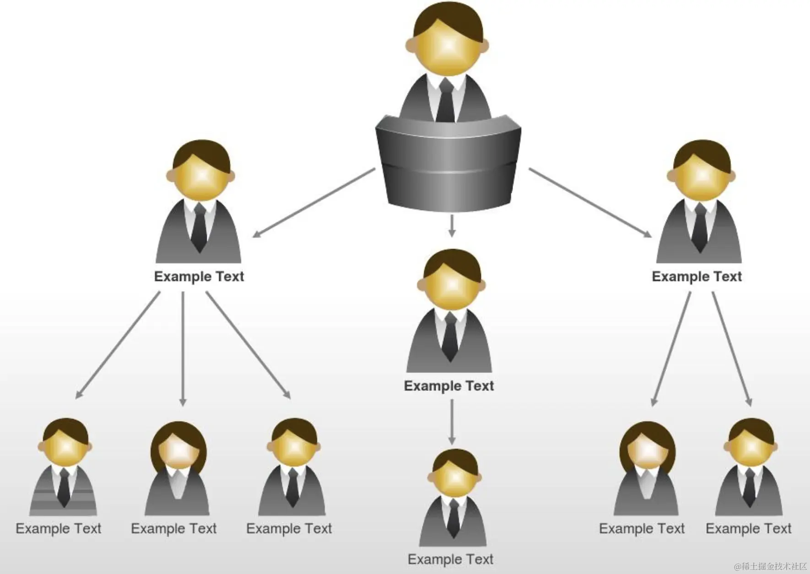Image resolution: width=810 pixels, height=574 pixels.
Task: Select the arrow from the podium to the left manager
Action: [x=314, y=202]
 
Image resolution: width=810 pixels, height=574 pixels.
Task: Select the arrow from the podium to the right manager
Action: [x=590, y=202]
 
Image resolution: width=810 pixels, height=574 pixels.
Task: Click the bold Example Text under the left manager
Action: [x=199, y=276]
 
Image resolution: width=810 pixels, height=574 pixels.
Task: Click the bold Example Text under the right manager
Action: [x=697, y=276]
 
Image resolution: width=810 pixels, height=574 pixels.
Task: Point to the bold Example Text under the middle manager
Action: [x=448, y=386]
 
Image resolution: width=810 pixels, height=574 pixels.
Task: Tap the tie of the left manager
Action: [x=199, y=227]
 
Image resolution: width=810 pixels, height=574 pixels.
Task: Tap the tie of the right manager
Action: [x=700, y=227]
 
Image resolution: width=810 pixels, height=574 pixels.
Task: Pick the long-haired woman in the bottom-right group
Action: [x=646, y=467]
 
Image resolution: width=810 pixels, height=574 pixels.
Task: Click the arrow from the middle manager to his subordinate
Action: [x=452, y=422]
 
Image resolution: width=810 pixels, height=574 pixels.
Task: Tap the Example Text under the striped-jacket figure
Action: [x=59, y=529]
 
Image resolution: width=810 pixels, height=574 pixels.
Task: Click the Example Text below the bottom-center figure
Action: [x=450, y=559]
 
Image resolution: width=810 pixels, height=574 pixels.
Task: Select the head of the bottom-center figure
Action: [x=454, y=474]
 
